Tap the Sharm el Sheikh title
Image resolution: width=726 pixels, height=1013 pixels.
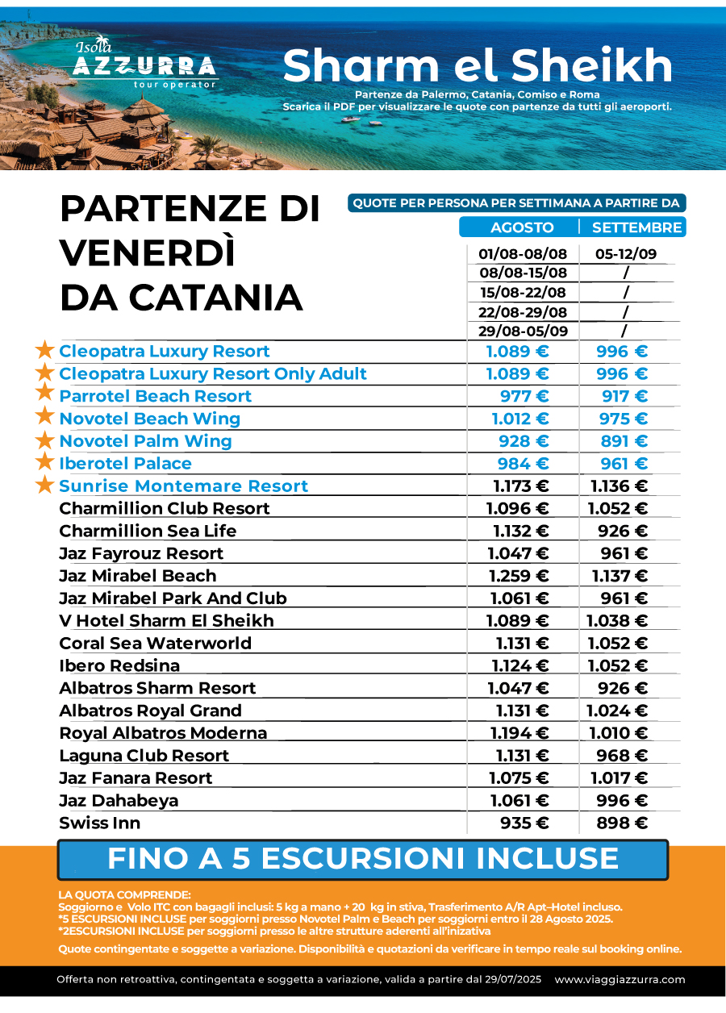click(478, 65)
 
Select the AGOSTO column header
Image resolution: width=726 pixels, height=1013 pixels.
click(522, 227)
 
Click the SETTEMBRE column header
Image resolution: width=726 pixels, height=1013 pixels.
click(637, 227)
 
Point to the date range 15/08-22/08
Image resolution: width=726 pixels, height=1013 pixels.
click(523, 292)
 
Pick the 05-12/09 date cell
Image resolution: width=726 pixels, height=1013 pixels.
click(626, 254)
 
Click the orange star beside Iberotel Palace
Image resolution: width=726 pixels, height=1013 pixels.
click(45, 461)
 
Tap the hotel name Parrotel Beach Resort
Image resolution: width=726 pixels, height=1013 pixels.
click(155, 396)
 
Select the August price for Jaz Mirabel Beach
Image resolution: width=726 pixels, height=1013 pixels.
click(519, 576)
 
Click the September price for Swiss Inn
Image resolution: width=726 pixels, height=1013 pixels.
click(622, 823)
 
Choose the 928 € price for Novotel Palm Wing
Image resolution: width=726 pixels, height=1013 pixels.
click(524, 441)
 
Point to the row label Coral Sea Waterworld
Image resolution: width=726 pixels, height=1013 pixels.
click(155, 643)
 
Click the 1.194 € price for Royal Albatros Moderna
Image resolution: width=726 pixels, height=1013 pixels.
click(519, 732)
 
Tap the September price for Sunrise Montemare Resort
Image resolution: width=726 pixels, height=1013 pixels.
click(620, 486)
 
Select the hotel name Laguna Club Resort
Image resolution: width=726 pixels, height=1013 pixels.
click(144, 756)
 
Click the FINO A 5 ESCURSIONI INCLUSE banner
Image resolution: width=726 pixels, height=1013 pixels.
click(363, 860)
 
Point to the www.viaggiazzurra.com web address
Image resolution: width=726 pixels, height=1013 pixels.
click(620, 979)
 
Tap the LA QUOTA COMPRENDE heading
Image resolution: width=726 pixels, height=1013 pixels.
click(124, 894)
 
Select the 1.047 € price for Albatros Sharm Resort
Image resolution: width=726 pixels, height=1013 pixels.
click(518, 688)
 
